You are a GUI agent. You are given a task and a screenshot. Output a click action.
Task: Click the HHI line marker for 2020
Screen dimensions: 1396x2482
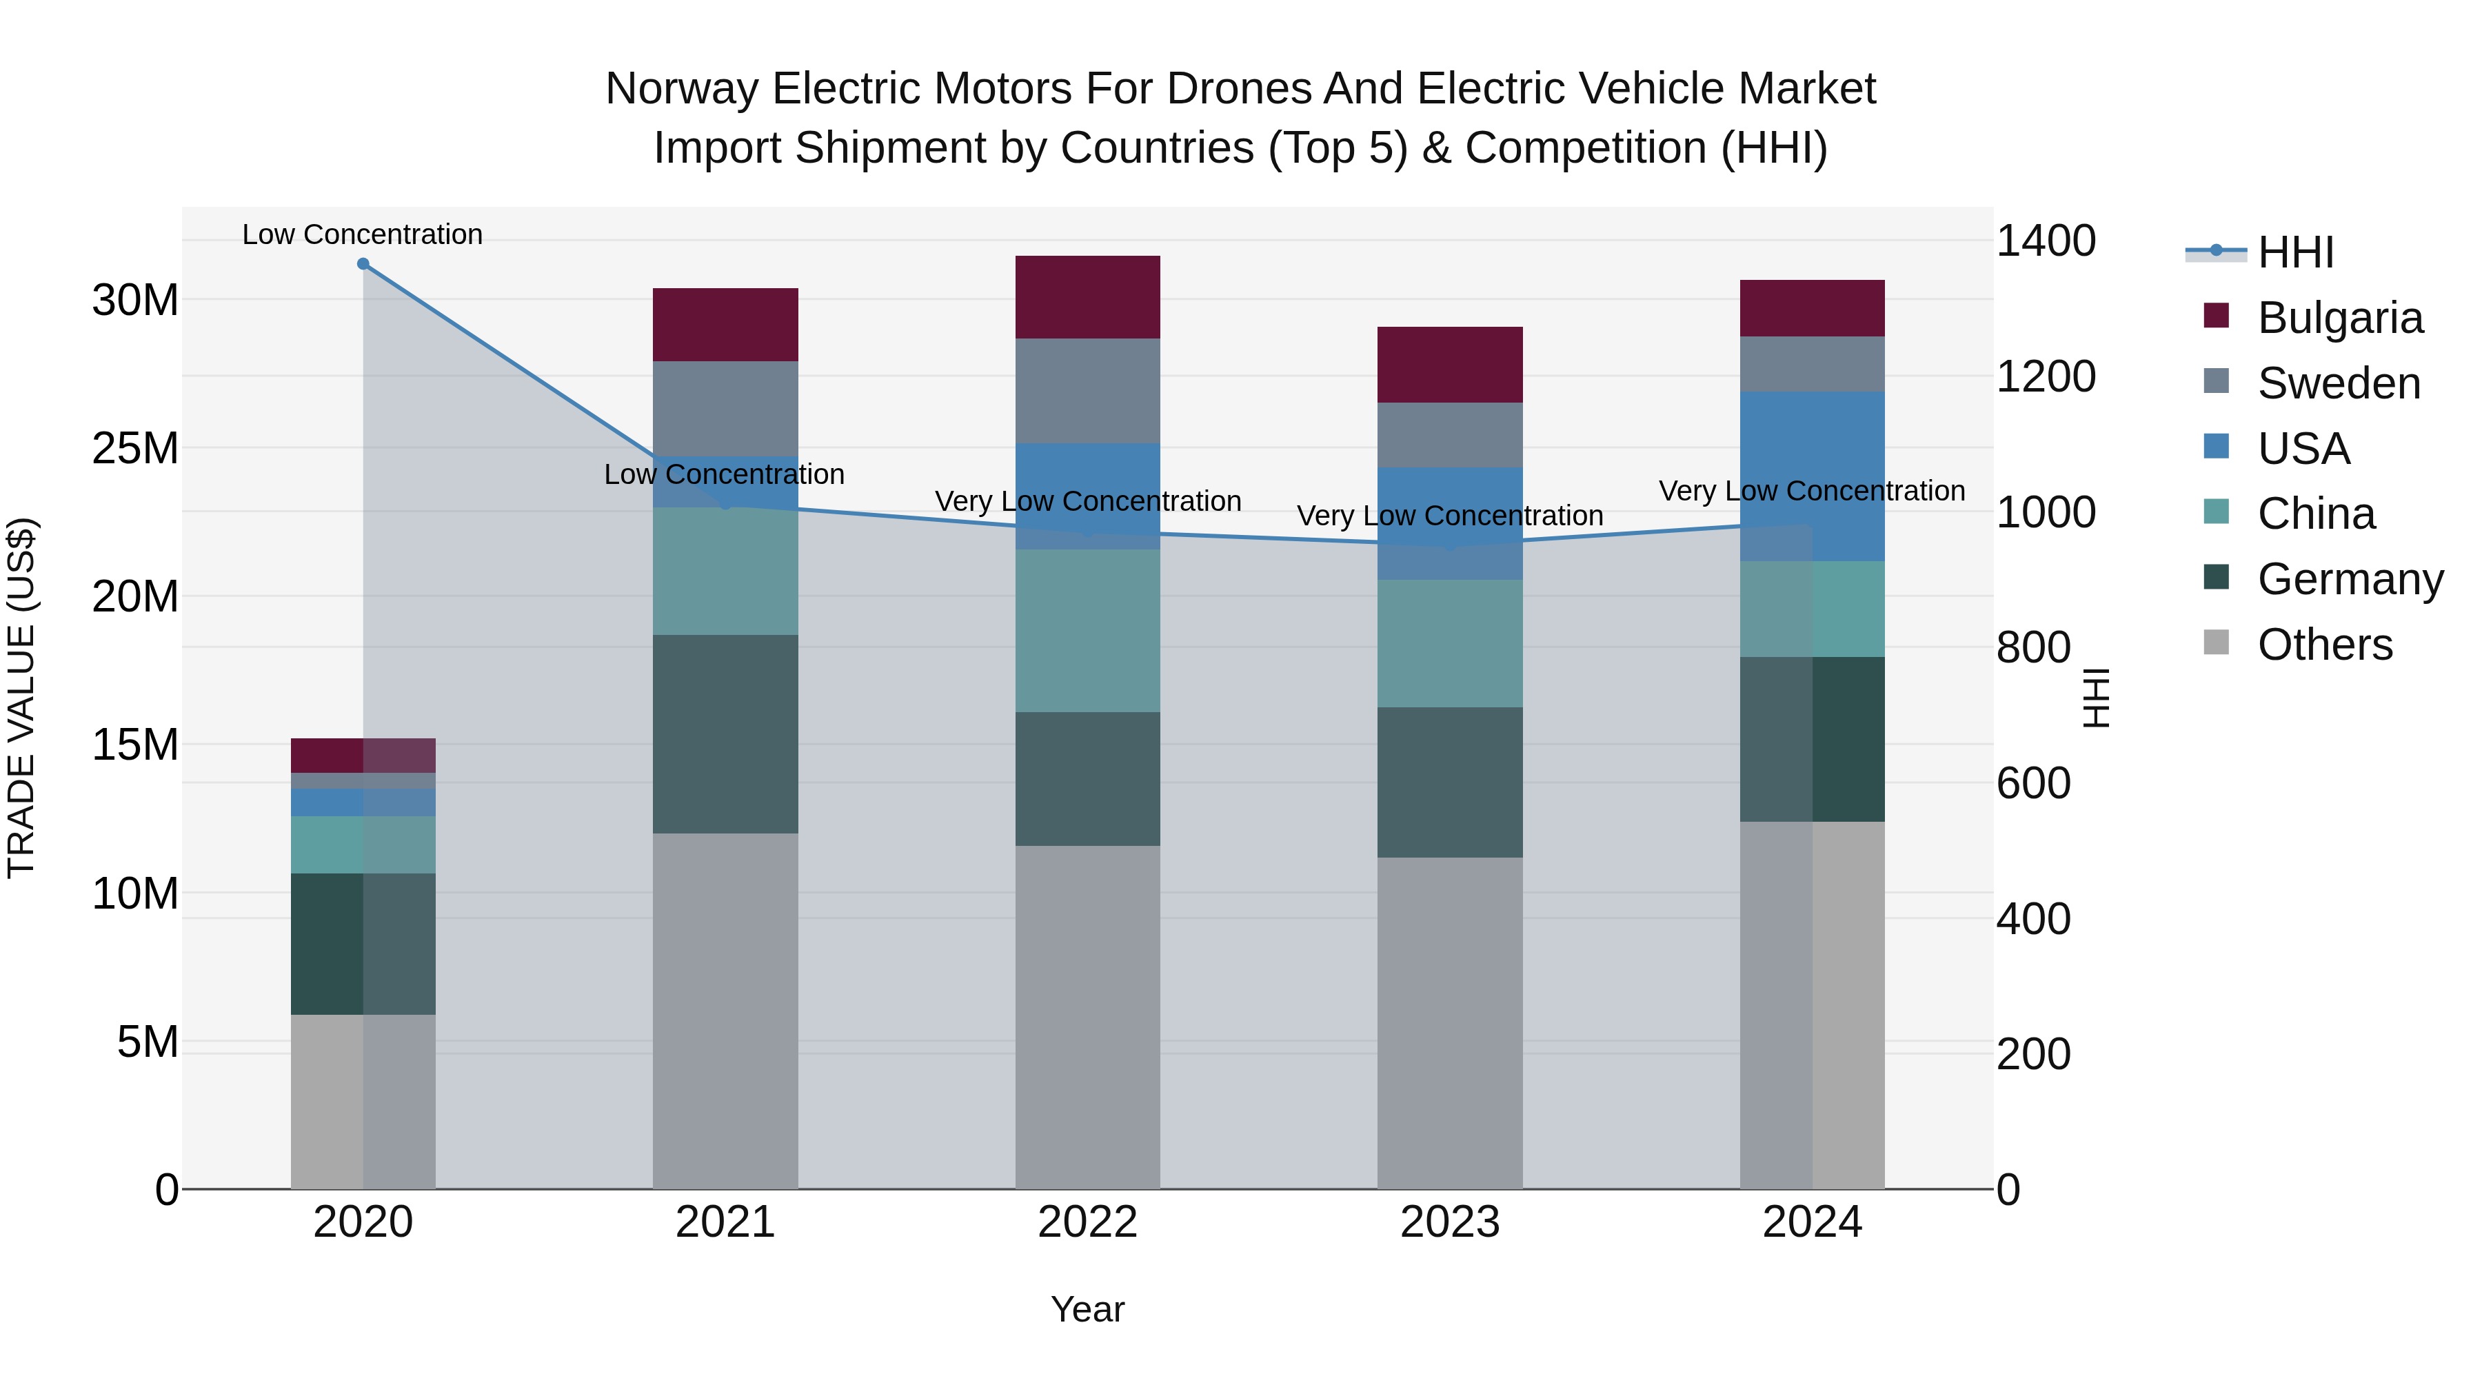click(363, 264)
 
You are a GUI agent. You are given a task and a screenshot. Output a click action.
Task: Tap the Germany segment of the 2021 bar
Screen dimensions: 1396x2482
click(725, 734)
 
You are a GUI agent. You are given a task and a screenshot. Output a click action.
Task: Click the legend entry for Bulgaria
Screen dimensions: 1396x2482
click(2339, 318)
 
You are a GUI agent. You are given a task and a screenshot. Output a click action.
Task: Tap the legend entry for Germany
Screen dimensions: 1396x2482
click(2349, 579)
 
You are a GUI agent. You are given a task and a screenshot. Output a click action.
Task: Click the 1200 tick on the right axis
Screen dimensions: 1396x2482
click(2045, 376)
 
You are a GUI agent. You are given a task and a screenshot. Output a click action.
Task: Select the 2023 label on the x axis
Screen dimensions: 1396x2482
click(1449, 1222)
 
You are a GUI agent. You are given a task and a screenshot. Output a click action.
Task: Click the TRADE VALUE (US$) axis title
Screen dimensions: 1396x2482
click(21, 698)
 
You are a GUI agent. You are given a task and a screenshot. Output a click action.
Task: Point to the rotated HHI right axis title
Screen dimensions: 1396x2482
click(2096, 698)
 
